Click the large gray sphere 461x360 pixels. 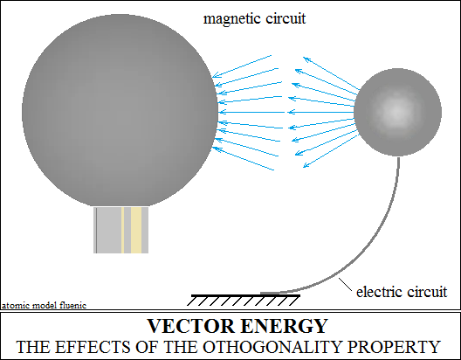point(120,110)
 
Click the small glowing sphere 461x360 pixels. point(397,112)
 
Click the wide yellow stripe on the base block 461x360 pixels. point(136,230)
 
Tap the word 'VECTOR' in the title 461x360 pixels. point(191,326)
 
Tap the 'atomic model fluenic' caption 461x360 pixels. point(45,305)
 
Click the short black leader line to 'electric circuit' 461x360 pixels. point(345,284)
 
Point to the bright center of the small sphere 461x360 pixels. point(397,111)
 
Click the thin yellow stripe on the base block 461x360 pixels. point(122,230)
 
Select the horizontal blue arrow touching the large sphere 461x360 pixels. point(251,112)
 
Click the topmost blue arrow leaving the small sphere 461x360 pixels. point(332,73)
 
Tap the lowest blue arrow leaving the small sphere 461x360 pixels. point(331,151)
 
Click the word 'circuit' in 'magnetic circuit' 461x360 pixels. point(286,19)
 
